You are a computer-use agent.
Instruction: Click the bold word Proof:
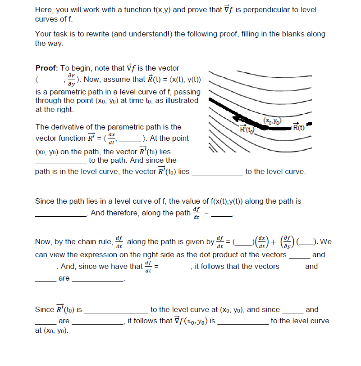pos(47,68)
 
